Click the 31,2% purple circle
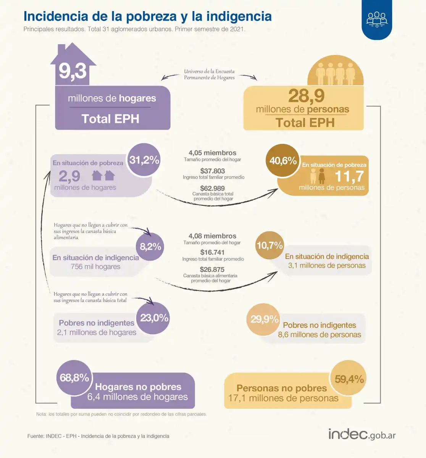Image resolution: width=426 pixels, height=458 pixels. [144, 160]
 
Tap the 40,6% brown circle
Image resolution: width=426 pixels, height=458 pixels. [283, 161]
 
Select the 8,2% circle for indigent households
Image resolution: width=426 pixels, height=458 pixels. [150, 247]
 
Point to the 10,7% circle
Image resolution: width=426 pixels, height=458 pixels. [269, 245]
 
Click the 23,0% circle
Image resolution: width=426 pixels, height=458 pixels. [154, 318]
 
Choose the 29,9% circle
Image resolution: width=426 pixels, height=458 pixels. [264, 319]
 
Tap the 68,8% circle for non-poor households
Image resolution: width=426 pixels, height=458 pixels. [74, 378]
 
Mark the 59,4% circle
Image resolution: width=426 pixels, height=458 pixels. [349, 379]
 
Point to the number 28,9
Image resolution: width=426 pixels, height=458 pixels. [306, 96]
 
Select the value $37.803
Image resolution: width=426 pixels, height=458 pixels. [213, 171]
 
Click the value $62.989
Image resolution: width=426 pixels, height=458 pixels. [213, 188]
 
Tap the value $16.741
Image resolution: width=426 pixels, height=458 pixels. [212, 252]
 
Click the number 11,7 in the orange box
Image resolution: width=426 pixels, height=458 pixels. [349, 177]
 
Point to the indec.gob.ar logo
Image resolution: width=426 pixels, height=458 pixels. [361, 434]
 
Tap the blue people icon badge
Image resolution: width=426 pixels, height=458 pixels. [377, 19]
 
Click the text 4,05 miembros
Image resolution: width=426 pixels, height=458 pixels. [212, 153]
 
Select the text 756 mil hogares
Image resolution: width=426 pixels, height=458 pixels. [95, 267]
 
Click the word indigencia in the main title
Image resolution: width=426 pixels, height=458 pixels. [239, 16]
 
